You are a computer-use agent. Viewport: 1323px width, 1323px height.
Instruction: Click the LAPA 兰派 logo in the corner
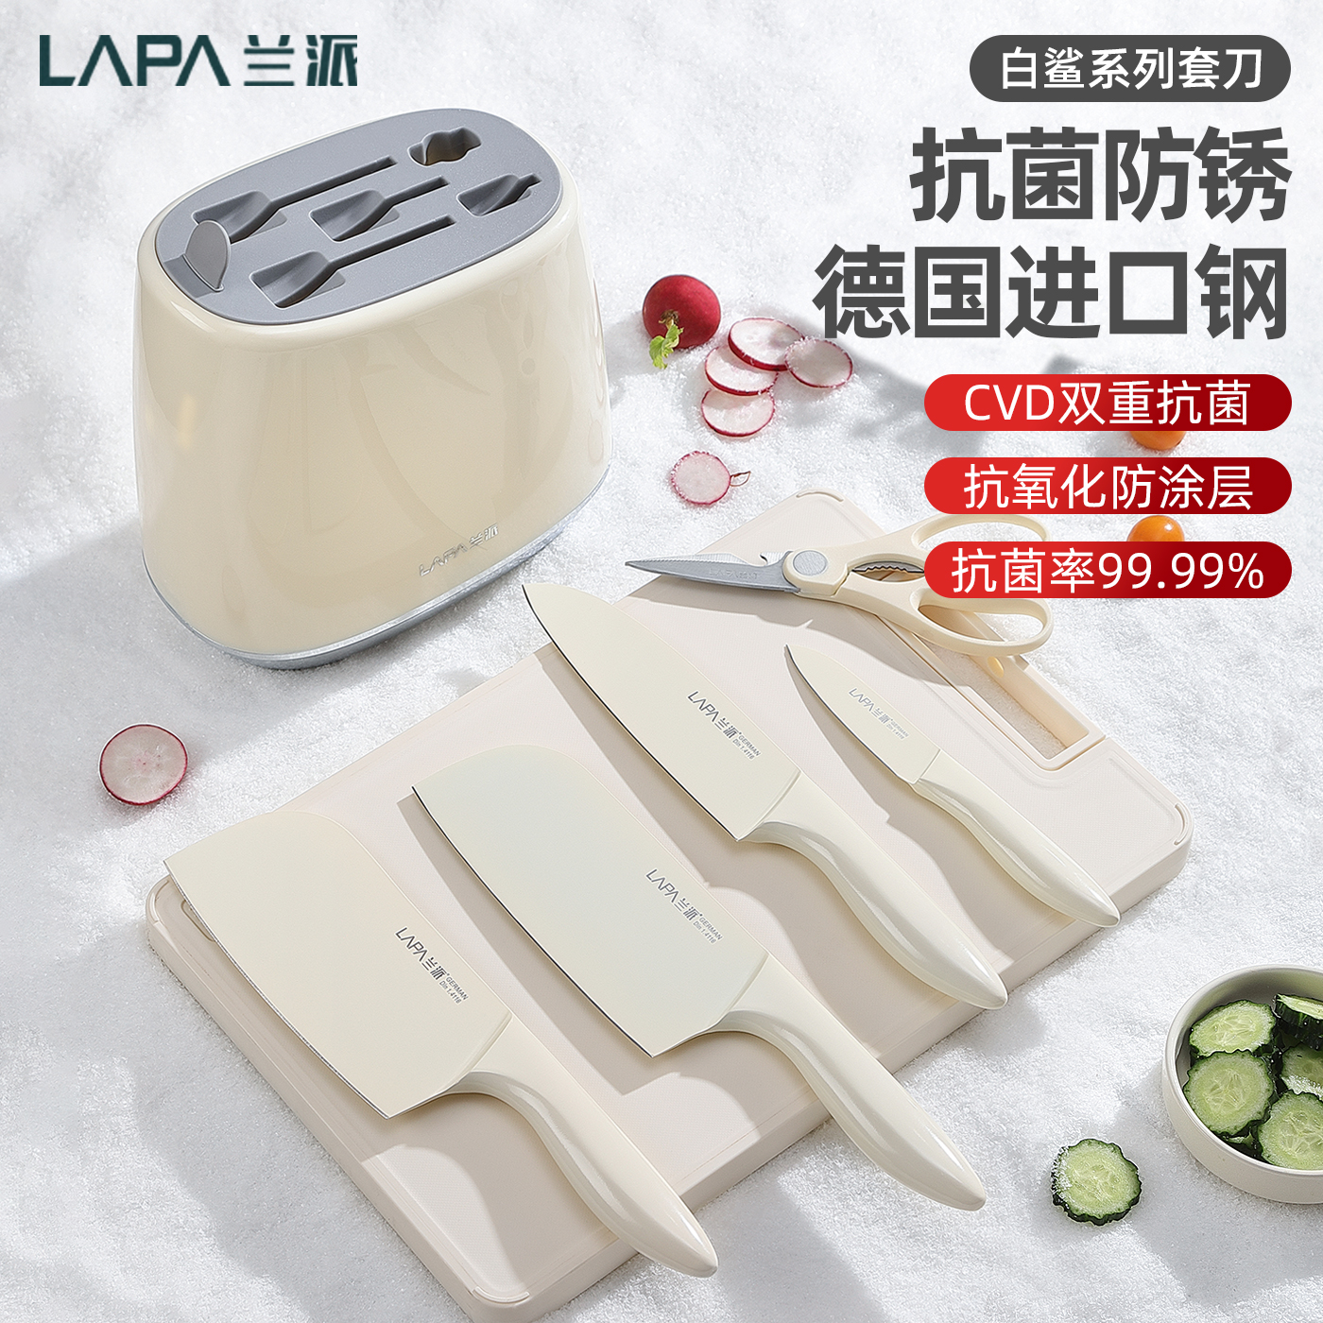point(198,62)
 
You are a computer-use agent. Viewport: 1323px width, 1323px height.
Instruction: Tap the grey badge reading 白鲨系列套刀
point(1130,69)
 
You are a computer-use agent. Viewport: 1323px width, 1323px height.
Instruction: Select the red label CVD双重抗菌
point(1107,404)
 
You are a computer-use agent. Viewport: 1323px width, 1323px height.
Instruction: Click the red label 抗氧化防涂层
point(1107,487)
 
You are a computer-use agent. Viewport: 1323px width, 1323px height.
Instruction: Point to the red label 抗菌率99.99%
point(1107,571)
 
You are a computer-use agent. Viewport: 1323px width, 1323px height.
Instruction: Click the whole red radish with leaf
point(679,312)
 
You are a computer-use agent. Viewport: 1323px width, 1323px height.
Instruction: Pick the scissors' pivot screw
point(807,564)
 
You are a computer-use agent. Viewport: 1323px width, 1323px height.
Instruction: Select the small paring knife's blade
point(850,709)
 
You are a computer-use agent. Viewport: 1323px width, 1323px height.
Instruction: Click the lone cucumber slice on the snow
point(1096,1181)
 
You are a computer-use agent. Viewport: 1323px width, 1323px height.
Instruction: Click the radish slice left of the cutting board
point(143,764)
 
